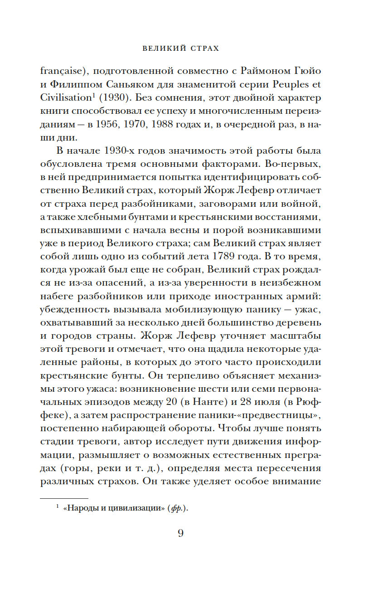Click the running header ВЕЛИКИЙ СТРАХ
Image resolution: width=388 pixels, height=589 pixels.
pos(180,48)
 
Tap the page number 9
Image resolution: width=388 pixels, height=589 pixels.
pos(180,533)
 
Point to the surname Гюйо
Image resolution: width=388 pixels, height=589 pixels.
pos(308,71)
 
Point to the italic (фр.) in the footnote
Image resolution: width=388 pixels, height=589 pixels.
pos(177,508)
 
